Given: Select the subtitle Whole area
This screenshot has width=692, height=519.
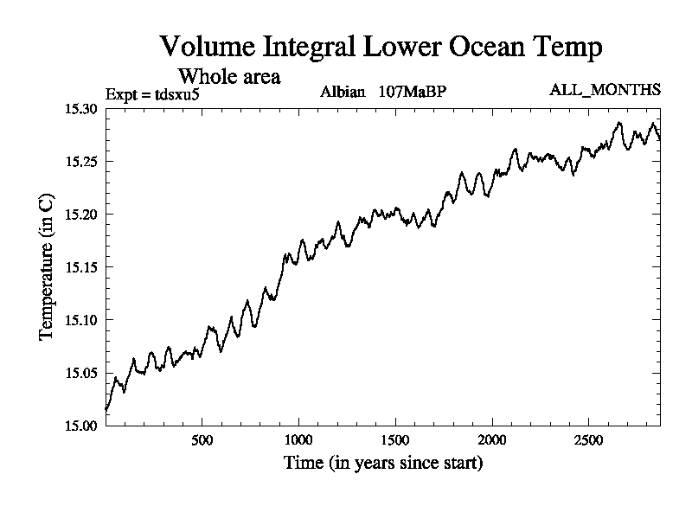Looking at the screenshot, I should click(228, 76).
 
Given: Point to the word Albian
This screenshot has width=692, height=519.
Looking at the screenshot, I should click(343, 91).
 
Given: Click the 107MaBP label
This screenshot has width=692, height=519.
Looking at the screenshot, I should click(412, 91).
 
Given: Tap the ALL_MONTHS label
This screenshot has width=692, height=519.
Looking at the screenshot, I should click(605, 89).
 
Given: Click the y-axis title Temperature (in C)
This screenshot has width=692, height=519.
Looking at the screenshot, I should click(48, 267).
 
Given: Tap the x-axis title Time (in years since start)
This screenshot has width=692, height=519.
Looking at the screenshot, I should click(383, 464).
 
